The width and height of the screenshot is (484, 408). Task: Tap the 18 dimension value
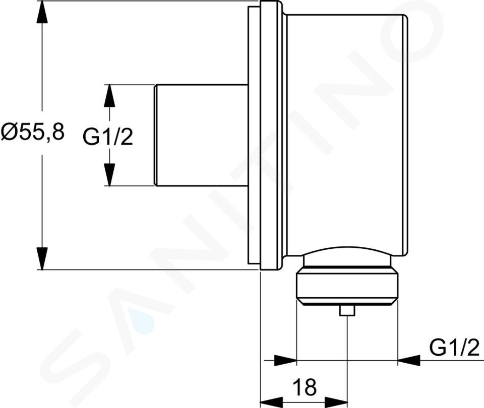(305, 387)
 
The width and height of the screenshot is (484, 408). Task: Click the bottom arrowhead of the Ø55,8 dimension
(42, 258)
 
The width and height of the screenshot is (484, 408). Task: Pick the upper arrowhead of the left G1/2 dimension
(109, 96)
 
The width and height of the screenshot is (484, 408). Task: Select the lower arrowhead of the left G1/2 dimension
(109, 175)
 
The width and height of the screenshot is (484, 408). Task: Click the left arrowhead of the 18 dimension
(272, 402)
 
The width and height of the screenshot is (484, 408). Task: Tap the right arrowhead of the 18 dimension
(336, 402)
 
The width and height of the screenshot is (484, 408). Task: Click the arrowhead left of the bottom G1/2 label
(409, 360)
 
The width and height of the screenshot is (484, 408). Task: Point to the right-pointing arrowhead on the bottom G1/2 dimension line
(285, 360)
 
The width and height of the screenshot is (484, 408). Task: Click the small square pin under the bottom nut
(347, 311)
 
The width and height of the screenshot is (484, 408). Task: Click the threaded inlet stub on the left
(201, 135)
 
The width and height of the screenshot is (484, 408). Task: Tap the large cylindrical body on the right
(347, 135)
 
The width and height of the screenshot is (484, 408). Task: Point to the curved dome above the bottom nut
(347, 256)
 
